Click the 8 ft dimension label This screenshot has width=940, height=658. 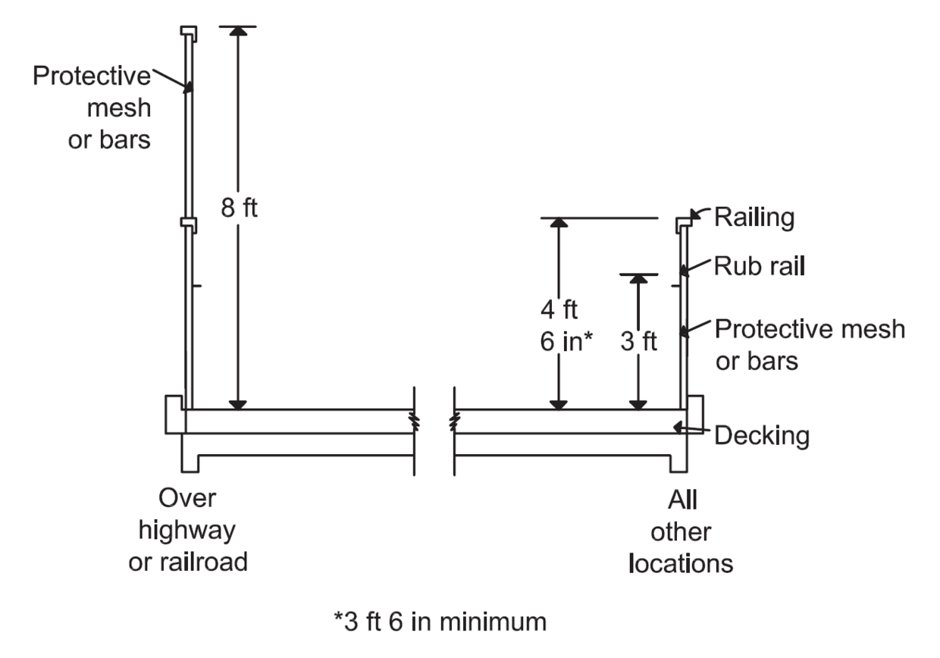click(240, 208)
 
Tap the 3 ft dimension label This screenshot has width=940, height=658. click(638, 341)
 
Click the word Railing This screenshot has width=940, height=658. click(754, 218)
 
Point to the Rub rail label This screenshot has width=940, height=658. click(759, 267)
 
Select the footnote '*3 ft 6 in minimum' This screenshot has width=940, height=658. click(440, 622)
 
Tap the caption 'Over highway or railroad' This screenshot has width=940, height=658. click(188, 531)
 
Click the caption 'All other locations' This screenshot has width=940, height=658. click(681, 532)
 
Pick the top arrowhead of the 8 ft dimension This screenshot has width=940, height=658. click(239, 32)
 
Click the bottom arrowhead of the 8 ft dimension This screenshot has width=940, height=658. click(239, 404)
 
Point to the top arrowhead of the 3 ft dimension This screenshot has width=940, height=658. click(639, 279)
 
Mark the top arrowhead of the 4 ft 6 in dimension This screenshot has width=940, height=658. click(559, 223)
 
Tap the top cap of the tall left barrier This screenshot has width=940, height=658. click(189, 33)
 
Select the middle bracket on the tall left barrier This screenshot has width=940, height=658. click(189, 224)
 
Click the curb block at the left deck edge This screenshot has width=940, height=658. click(174, 415)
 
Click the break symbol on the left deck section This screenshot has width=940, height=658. click(414, 421)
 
